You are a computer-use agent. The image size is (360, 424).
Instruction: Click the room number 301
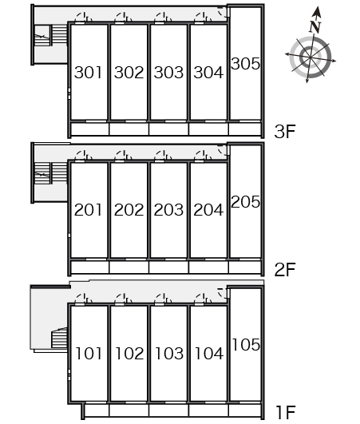[88, 73]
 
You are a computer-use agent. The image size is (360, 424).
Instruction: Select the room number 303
[168, 73]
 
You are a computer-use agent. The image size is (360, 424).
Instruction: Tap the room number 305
[245, 64]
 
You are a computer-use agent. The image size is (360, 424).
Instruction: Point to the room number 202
[129, 210]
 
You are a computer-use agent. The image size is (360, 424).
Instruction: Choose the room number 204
[208, 210]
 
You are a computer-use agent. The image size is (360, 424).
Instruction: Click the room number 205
[245, 202]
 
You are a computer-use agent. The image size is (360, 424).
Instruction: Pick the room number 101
[89, 354]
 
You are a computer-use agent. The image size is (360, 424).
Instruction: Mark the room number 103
[169, 354]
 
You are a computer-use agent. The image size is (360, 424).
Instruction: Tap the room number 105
[246, 345]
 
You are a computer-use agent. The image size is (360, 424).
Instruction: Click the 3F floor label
[285, 132]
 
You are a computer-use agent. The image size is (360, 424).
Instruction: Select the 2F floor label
[285, 270]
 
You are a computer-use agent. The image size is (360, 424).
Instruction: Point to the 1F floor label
[286, 413]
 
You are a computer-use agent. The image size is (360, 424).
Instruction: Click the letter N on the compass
[315, 27]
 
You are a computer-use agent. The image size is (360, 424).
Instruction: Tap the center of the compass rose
[311, 57]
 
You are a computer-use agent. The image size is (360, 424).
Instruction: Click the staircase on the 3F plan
[51, 35]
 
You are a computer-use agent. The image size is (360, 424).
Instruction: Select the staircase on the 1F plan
[59, 338]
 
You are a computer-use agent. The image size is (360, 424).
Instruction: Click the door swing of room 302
[123, 17]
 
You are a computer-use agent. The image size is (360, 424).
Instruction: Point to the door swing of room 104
[203, 299]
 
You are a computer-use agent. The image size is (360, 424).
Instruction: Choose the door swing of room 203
[163, 155]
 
